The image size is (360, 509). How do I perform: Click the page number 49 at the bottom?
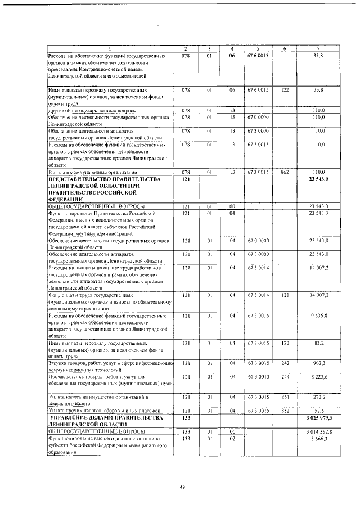pos(182,487)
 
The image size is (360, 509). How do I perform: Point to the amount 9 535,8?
pos(318,316)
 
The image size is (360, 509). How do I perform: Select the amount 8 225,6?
pos(318,376)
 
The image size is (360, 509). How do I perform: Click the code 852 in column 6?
pos(285,411)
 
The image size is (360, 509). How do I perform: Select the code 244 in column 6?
pos(285,376)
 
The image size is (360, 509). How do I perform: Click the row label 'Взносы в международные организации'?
pos(92,172)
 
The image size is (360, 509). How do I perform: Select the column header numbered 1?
pos(110,49)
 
